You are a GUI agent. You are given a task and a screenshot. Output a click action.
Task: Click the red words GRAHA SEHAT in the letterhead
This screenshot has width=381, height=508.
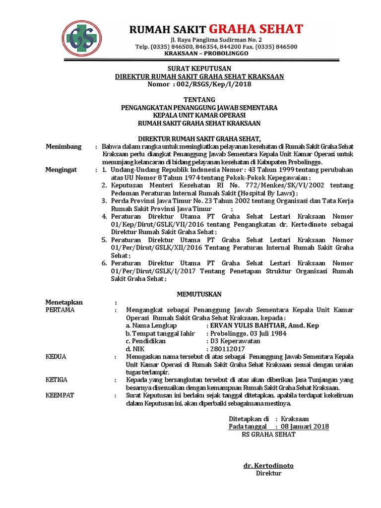[255, 29]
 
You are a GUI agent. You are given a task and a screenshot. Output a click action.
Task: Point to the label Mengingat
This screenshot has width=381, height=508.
[61, 170]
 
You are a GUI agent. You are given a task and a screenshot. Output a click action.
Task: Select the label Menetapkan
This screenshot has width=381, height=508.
[64, 302]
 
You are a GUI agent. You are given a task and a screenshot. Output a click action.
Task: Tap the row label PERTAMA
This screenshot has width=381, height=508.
[60, 310]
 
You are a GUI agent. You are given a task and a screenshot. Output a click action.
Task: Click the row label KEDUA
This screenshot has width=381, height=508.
[56, 357]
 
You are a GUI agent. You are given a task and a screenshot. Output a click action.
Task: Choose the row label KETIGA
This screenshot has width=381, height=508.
[57, 380]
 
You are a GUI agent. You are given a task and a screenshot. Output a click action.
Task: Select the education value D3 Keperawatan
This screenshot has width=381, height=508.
[235, 341]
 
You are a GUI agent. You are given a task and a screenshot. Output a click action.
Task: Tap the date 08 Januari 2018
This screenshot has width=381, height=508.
[305, 426]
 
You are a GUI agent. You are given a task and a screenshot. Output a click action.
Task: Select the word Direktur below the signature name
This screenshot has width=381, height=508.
[268, 473]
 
